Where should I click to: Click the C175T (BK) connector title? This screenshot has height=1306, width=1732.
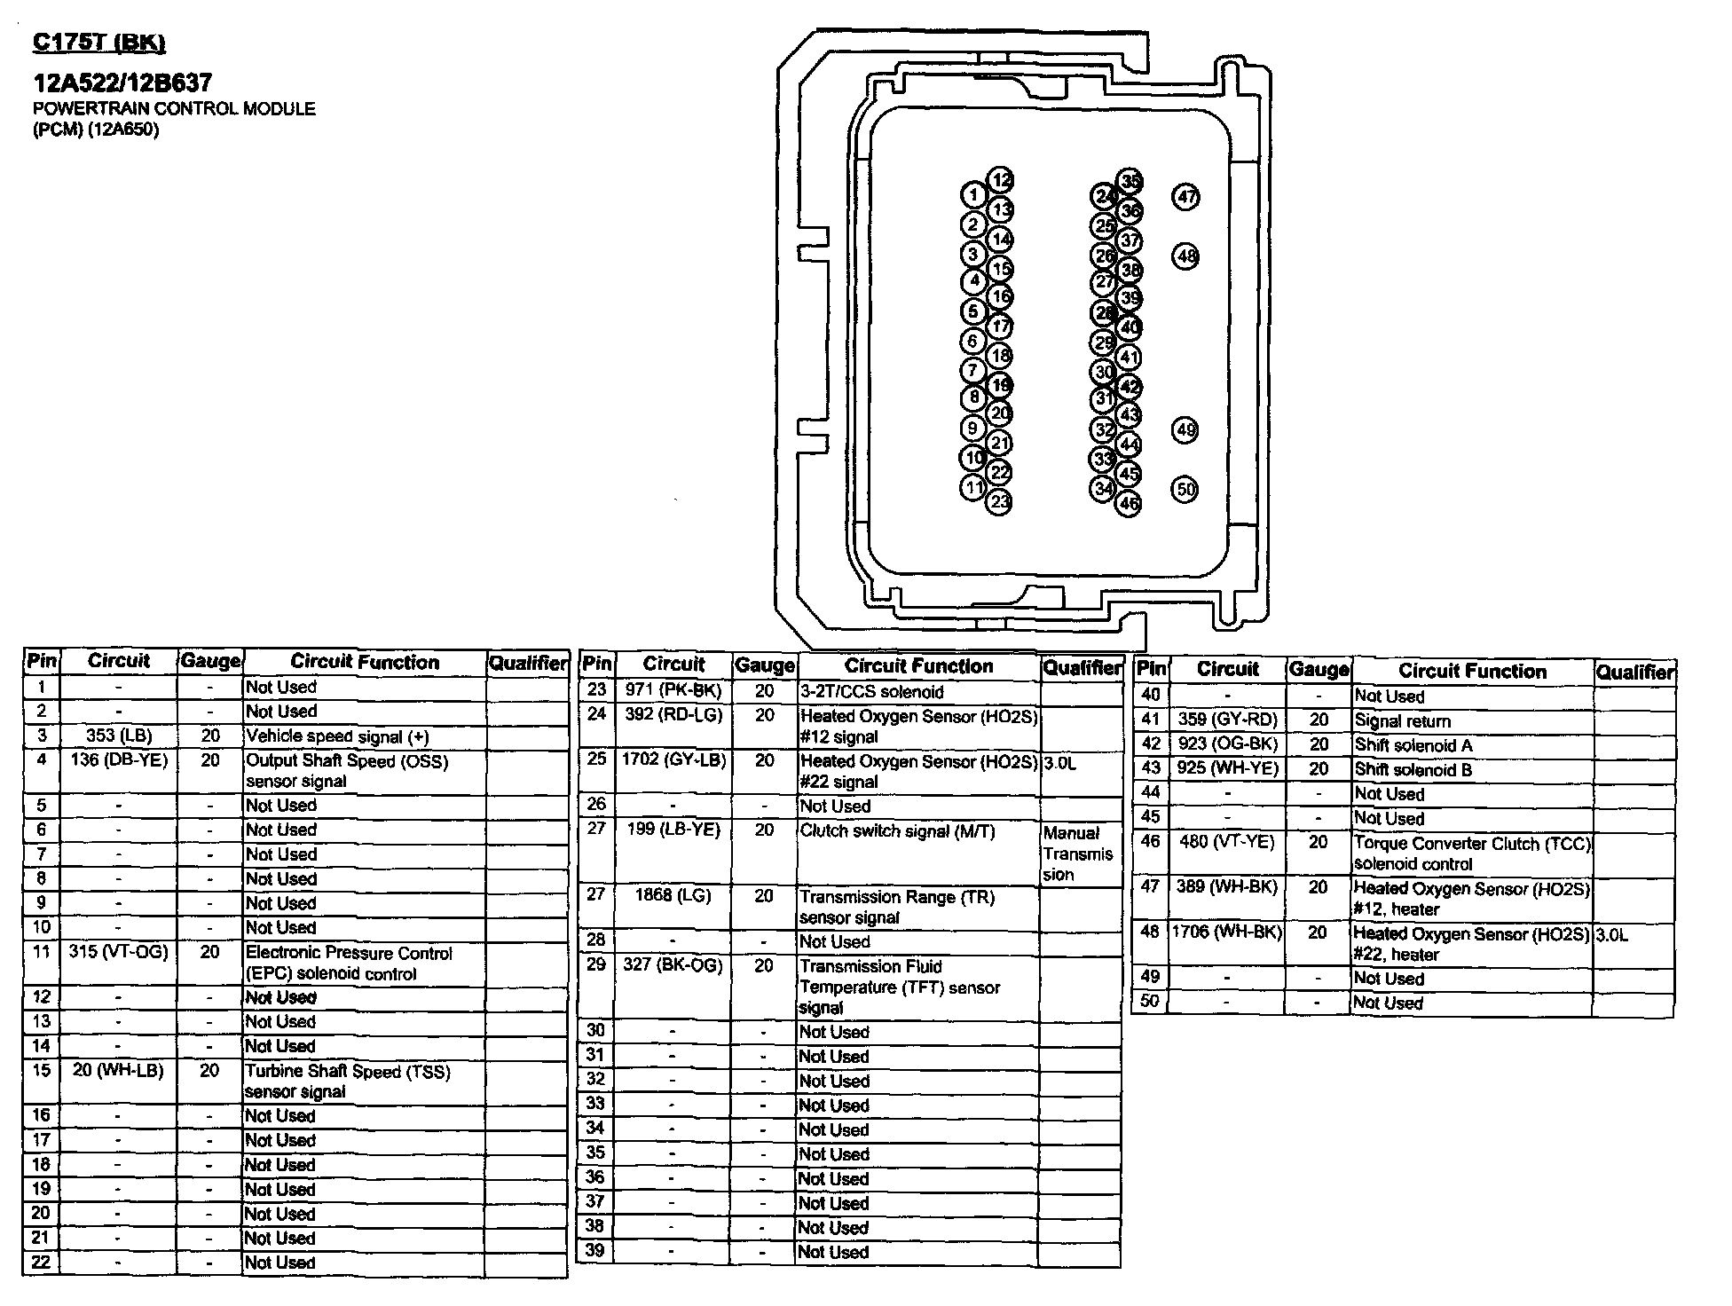click(98, 42)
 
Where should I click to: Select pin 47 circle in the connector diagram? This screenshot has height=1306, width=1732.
click(1186, 197)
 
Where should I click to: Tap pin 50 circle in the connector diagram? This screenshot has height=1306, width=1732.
click(1185, 489)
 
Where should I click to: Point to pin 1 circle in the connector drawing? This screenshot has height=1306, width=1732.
click(973, 195)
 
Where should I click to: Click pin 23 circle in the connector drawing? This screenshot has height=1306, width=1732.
click(1000, 502)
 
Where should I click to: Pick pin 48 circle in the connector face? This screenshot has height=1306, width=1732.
click(1186, 257)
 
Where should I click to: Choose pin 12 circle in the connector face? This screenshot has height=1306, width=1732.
click(1001, 181)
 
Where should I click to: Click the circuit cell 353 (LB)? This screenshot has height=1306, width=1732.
click(119, 736)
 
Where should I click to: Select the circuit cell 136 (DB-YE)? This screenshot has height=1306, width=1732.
click(119, 760)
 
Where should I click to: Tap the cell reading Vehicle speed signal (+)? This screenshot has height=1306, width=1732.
click(337, 736)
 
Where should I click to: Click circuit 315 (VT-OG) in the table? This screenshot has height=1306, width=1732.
click(119, 952)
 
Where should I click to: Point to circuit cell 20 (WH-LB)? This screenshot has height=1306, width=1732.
click(119, 1071)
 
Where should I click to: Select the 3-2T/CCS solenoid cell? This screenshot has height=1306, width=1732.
click(872, 692)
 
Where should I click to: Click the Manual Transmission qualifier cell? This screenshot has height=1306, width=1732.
click(1078, 854)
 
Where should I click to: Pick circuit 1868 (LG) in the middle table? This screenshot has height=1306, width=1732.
click(673, 895)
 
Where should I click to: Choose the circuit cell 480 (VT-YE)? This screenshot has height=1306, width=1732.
click(1227, 841)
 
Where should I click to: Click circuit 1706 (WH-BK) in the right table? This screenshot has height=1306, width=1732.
click(1227, 932)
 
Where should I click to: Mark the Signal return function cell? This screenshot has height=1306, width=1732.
click(1403, 721)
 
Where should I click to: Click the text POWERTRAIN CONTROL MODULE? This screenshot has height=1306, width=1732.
click(174, 109)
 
